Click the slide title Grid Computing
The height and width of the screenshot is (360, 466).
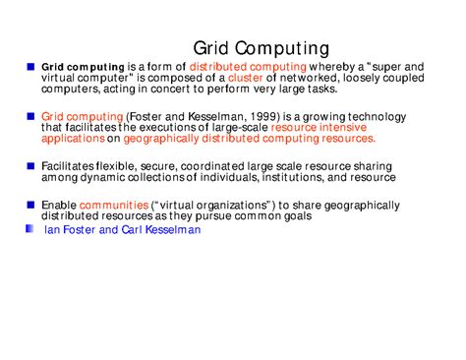pos(261,47)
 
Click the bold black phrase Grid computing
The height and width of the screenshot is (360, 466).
pos(83,68)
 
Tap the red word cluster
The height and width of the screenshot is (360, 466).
pos(245,78)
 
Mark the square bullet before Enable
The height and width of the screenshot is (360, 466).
pos(30,205)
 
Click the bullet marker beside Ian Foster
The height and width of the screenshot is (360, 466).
pos(30,228)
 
